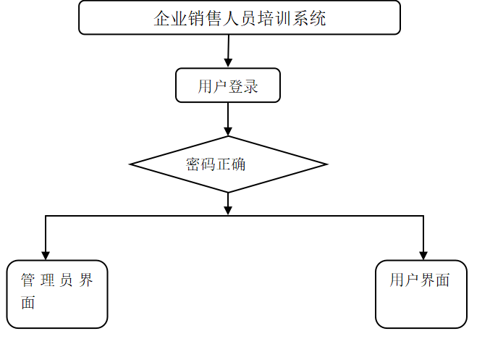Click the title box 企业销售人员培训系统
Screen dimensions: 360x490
pos(239,17)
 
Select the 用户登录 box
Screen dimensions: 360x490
pos(228,85)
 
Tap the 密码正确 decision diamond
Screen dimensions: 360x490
pos(228,164)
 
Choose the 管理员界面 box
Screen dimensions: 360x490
pos(57,294)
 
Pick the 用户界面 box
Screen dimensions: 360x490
pos(421,294)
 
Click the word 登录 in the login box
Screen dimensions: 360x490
pos(244,87)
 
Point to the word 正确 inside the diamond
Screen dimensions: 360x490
pos(232,164)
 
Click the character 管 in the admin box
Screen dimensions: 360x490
pos(28,281)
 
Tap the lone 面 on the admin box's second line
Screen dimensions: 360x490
pos(28,303)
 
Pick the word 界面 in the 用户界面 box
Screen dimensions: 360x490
pos(435,280)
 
